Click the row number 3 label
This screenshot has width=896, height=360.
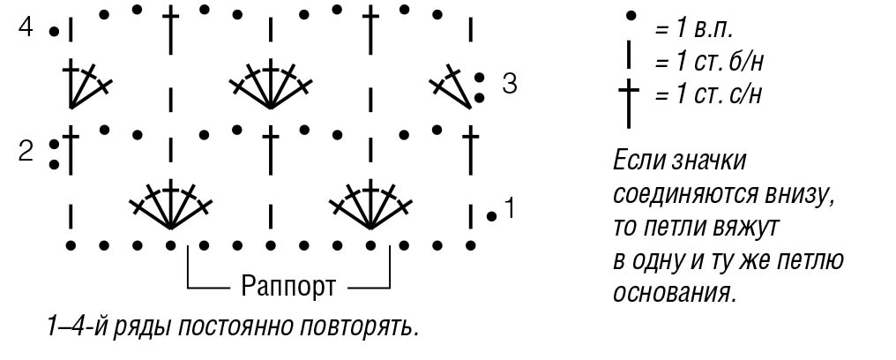[x=510, y=84]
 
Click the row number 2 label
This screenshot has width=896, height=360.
[x=26, y=152]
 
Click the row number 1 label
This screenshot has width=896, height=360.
[x=510, y=208]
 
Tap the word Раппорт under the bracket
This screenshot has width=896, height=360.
[x=288, y=285]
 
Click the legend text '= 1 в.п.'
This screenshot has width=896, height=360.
[x=694, y=30]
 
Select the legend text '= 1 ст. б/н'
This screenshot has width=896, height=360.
[x=709, y=61]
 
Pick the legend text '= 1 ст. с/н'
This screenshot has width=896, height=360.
[x=708, y=94]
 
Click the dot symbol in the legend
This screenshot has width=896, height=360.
[x=631, y=16]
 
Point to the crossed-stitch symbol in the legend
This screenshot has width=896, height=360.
[x=629, y=103]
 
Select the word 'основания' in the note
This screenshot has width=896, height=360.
[x=674, y=294]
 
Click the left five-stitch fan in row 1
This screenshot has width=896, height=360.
[x=171, y=204]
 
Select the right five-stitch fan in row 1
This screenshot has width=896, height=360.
[x=371, y=204]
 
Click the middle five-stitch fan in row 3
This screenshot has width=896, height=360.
[x=270, y=84]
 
